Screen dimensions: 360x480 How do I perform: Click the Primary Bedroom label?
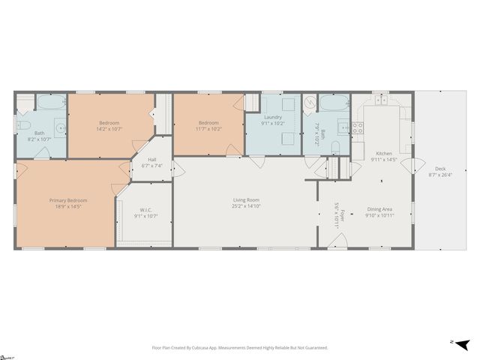click(x=68, y=200)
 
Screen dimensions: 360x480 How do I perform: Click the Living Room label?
click(x=246, y=199)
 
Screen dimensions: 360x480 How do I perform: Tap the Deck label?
click(x=435, y=168)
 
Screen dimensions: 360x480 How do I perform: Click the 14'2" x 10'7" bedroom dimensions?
click(x=109, y=129)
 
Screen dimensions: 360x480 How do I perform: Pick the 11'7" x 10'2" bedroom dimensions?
click(x=208, y=129)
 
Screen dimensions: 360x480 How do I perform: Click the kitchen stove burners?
click(x=358, y=127)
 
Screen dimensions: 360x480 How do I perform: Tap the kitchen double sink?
click(x=381, y=100)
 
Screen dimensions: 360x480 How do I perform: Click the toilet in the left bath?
click(x=23, y=125)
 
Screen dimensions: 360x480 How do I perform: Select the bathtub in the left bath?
click(x=50, y=103)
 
